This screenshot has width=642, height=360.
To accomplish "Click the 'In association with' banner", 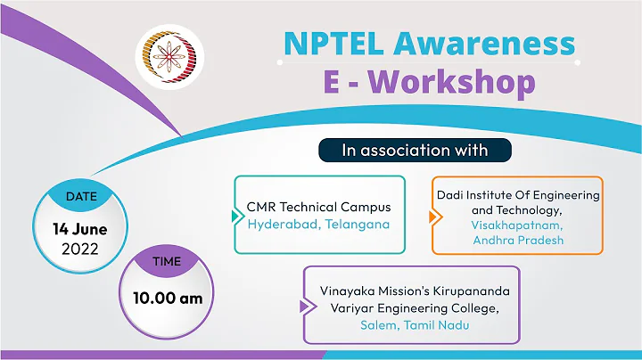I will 415,150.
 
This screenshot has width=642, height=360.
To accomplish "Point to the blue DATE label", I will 79,194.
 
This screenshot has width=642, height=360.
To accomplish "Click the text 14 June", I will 79,228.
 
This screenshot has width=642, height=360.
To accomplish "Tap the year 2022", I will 79,250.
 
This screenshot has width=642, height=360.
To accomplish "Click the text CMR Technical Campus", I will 318,208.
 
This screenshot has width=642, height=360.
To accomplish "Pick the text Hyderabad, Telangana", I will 318,225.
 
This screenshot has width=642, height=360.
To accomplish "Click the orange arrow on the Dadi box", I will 433,217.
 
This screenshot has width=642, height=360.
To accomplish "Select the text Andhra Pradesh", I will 517,241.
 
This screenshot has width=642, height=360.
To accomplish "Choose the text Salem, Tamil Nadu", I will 415,325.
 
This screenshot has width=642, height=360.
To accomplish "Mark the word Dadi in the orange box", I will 450,194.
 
